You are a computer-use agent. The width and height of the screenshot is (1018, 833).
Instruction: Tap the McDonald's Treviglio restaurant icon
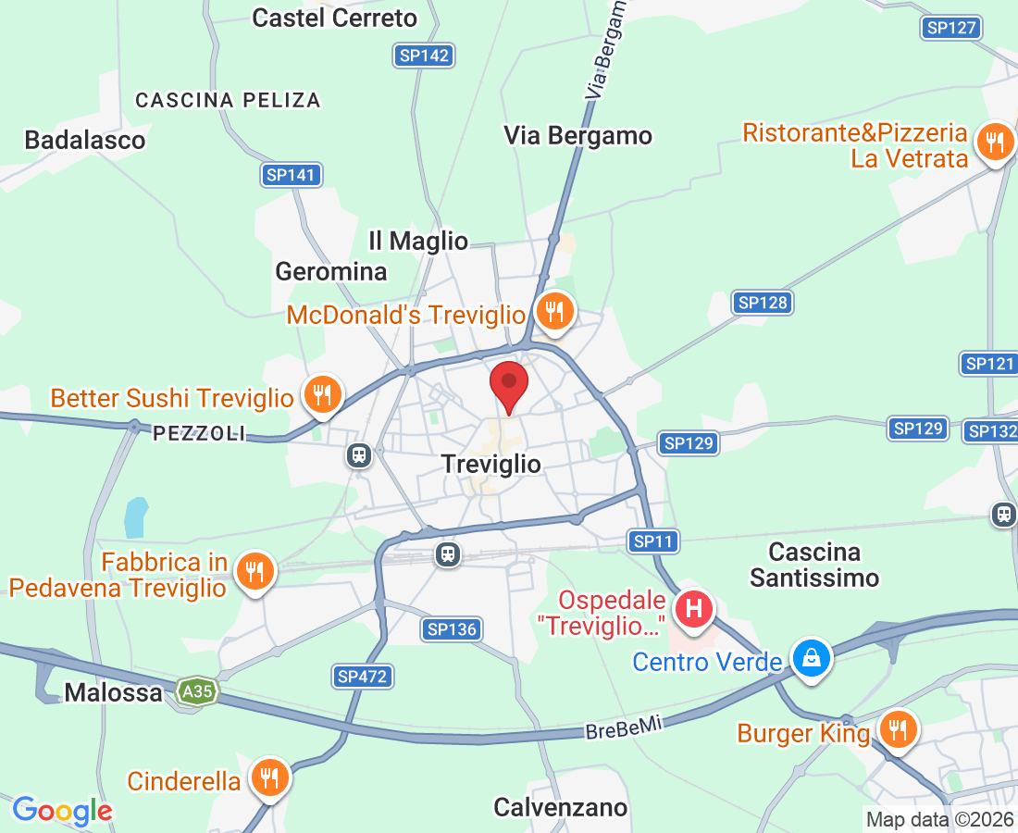click(x=553, y=312)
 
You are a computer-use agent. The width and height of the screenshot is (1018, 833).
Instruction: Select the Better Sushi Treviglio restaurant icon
click(x=321, y=396)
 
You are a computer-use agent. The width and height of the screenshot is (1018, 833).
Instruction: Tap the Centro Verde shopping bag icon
click(x=811, y=659)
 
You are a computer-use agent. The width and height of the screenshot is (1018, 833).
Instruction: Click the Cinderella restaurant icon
click(x=269, y=777)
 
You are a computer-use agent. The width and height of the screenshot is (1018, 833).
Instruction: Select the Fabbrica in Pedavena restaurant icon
click(x=254, y=571)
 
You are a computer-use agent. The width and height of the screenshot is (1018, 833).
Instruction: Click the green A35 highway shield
click(x=198, y=692)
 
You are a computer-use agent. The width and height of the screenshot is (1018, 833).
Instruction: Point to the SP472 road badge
click(x=362, y=677)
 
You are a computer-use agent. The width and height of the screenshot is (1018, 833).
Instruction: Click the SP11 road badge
click(x=655, y=541)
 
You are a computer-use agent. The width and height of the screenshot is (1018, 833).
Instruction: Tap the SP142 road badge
click(x=424, y=56)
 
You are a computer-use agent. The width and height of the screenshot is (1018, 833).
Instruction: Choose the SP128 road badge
click(x=763, y=303)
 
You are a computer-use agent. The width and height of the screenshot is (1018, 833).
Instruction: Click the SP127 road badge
click(x=951, y=28)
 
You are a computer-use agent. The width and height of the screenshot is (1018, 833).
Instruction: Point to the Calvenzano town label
click(x=560, y=807)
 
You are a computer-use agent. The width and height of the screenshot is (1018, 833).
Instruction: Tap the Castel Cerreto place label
click(x=334, y=18)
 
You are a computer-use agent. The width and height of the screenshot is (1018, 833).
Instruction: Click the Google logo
click(x=62, y=811)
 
